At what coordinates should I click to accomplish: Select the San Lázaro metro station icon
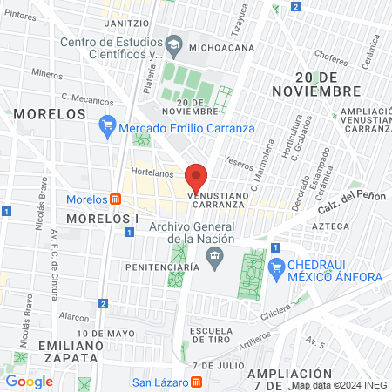coord(196,381)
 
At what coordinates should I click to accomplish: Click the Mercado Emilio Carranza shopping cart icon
coord(107,127)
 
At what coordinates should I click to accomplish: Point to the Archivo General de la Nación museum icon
coord(214,254)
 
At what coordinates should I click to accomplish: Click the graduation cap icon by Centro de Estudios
coord(173,44)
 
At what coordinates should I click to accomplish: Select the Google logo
coord(29,381)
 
